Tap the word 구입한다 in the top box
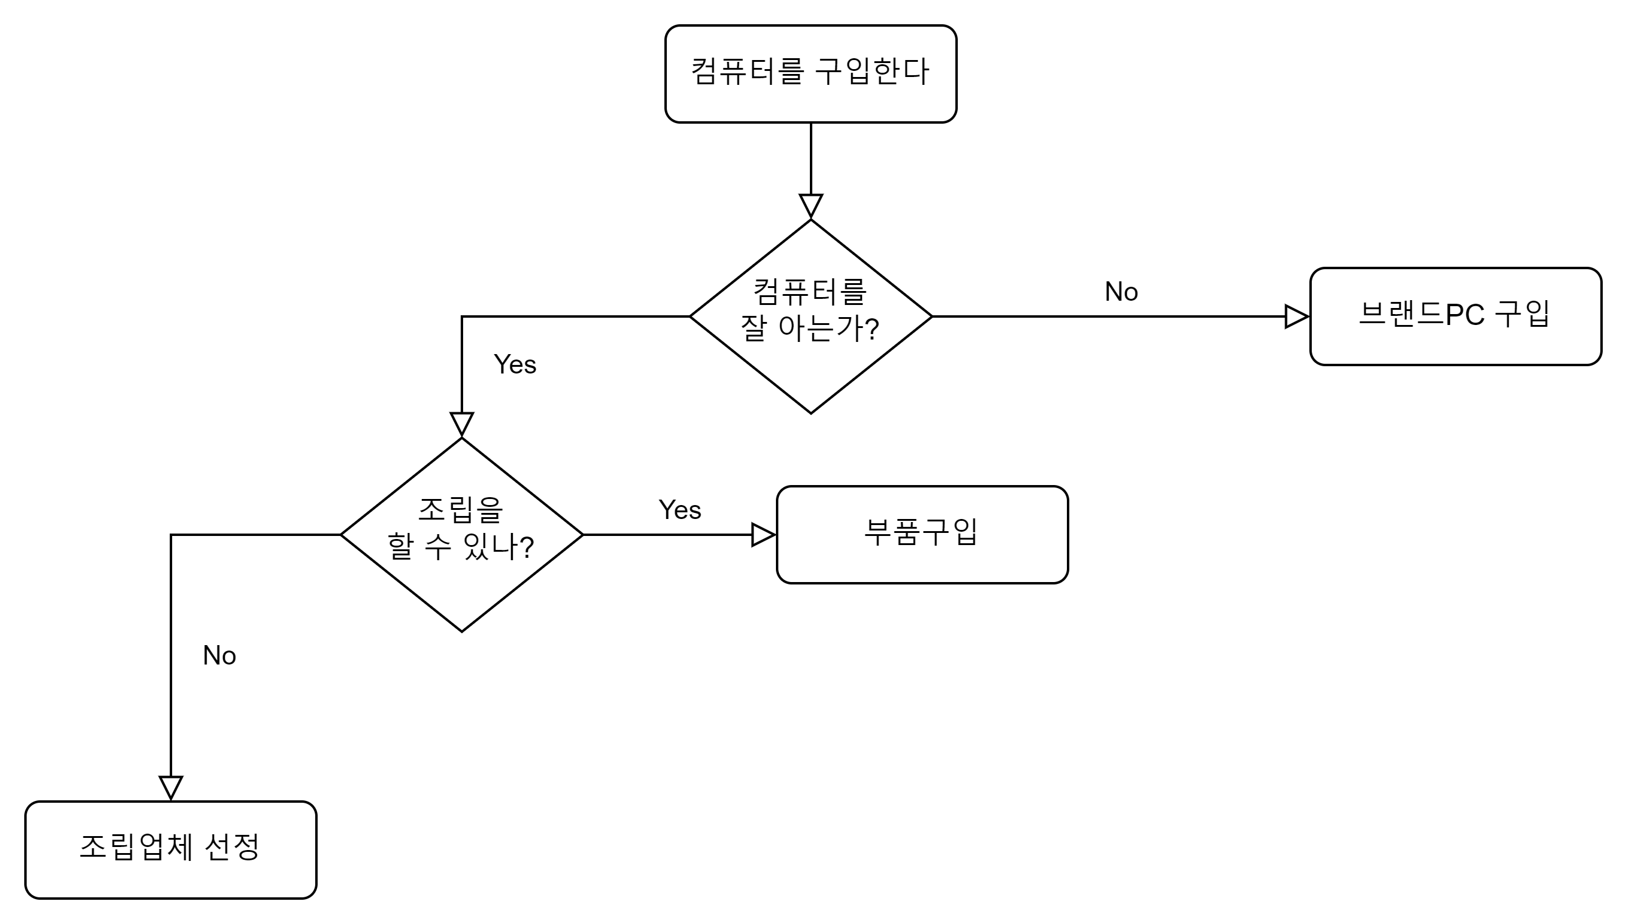coord(872,71)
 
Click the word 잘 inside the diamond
coord(753,328)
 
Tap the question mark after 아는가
coord(872,329)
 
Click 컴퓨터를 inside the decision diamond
coord(810,292)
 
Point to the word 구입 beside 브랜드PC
coord(1522,313)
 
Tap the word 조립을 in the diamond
coord(461,510)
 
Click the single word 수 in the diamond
coord(438,546)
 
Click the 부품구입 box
coord(922,534)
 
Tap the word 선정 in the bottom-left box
coord(232,846)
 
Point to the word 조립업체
coord(136,846)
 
